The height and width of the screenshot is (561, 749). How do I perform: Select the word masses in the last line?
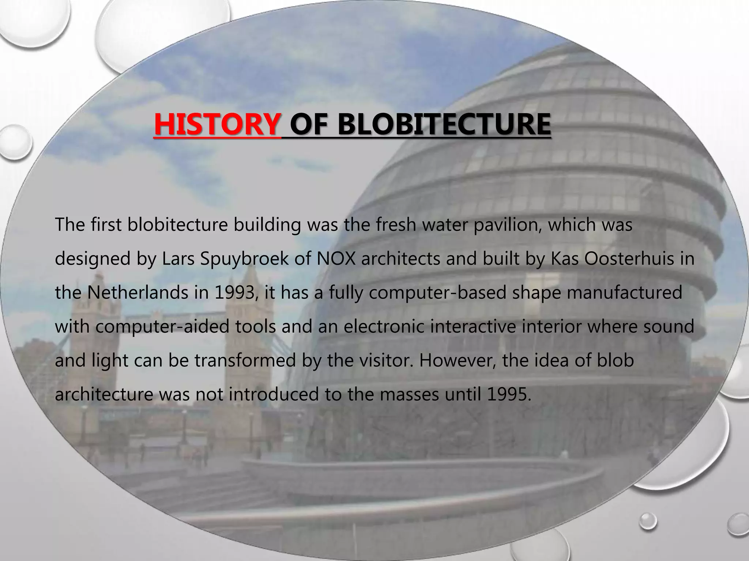tap(410, 394)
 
